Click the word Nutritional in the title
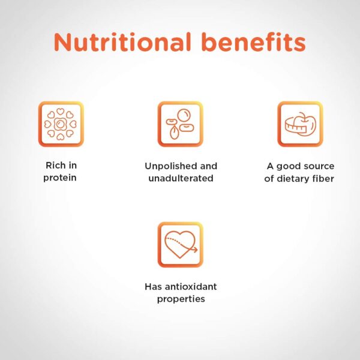coord(122,42)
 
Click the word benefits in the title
coord(254,41)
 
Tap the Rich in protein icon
coord(61,124)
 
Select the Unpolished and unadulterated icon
coord(181,124)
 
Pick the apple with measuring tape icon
coord(301,124)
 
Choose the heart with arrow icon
coord(181,245)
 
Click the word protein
coord(60,178)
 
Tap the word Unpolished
coord(170,166)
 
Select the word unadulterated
coord(181,178)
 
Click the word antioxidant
coord(191,287)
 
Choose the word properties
coord(181,299)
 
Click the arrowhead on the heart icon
coord(195,250)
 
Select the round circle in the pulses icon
coord(184,115)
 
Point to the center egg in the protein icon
coord(61,124)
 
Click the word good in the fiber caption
coord(288,167)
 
